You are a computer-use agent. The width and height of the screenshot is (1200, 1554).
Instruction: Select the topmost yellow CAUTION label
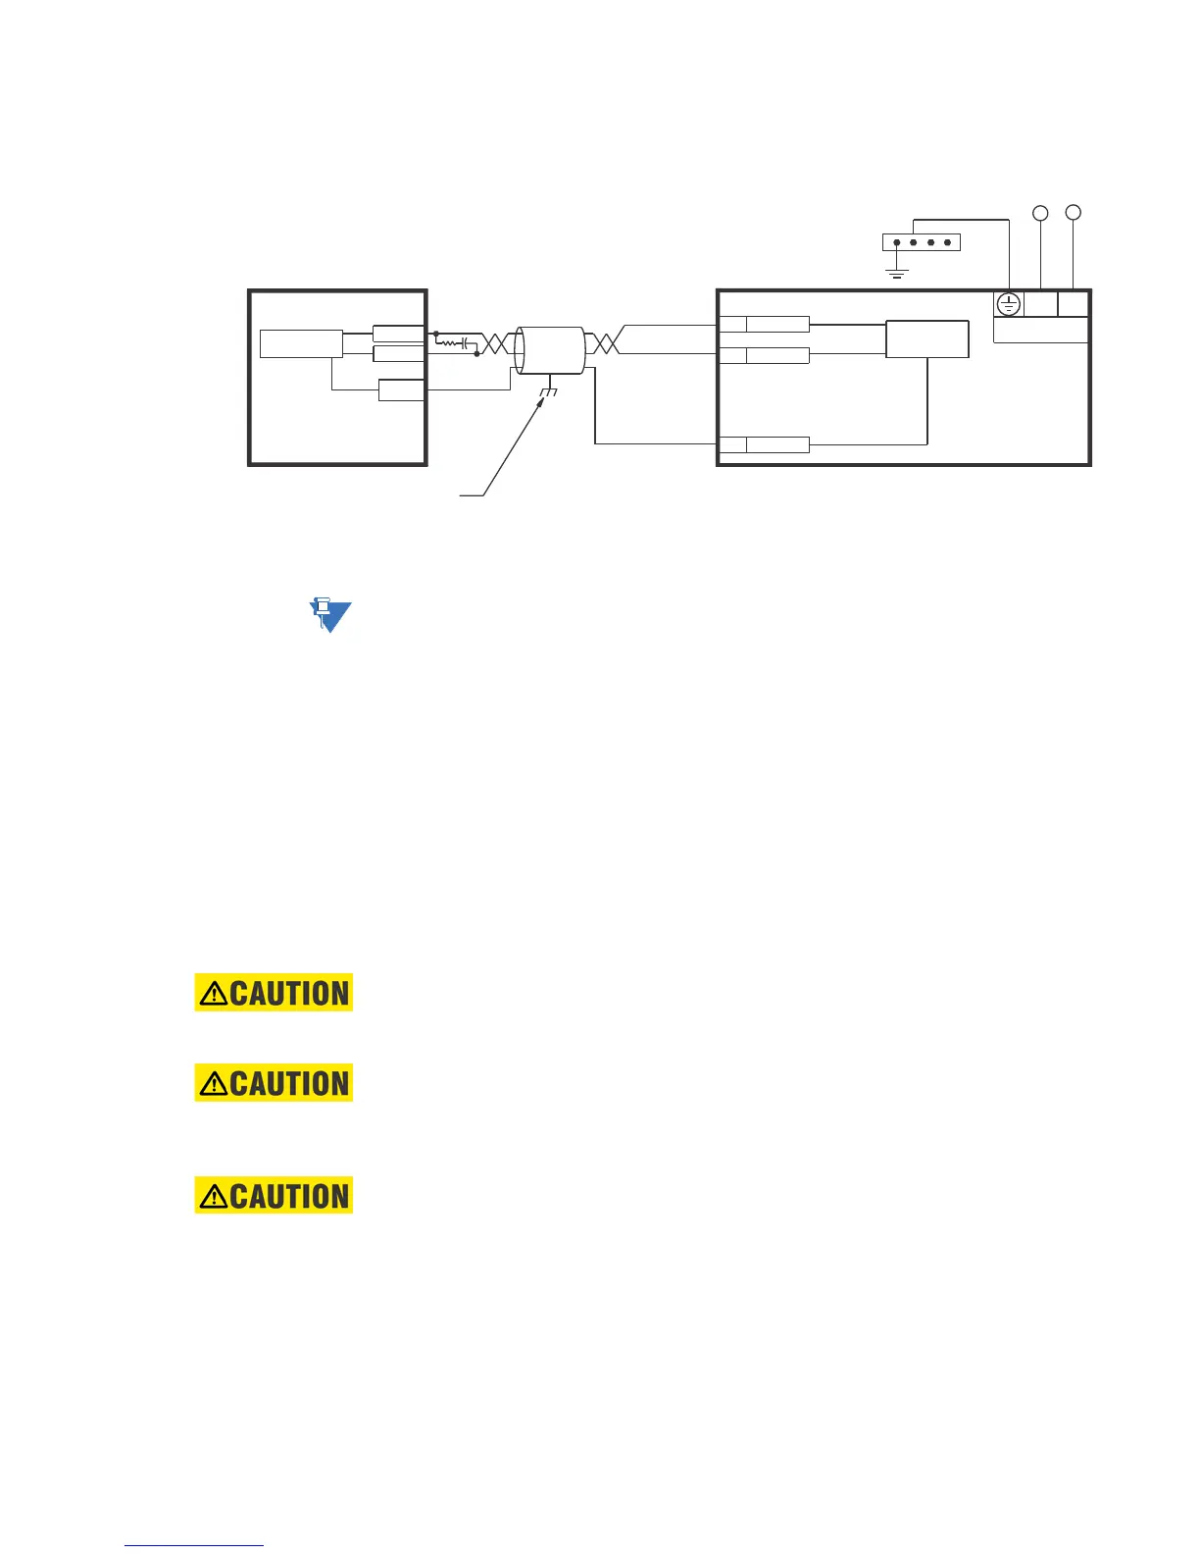coord(274,993)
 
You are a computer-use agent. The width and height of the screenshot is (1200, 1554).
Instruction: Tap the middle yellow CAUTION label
coord(274,1083)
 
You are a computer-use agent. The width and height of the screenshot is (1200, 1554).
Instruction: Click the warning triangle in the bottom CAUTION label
coord(213,1197)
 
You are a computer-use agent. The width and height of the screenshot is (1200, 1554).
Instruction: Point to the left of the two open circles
coord(1041,213)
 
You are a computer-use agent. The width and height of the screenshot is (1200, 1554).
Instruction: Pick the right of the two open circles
coord(1074,212)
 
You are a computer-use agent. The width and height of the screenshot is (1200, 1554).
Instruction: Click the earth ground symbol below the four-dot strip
coord(896,272)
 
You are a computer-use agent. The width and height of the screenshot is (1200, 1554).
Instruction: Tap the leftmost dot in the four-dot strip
coord(896,242)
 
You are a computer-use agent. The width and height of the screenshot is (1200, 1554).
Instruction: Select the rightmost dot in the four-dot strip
coord(947,242)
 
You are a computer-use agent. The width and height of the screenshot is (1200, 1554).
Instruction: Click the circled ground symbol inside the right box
coord(1009,304)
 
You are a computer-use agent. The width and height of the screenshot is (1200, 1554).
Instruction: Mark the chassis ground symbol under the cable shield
coord(547,392)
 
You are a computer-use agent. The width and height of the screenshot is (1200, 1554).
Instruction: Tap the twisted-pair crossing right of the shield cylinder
coord(602,343)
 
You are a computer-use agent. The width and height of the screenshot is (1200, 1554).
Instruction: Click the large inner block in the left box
coord(301,344)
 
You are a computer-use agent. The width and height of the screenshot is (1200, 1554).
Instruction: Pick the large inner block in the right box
coord(926,339)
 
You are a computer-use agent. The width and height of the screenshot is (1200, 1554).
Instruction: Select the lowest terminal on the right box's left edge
coord(764,444)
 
